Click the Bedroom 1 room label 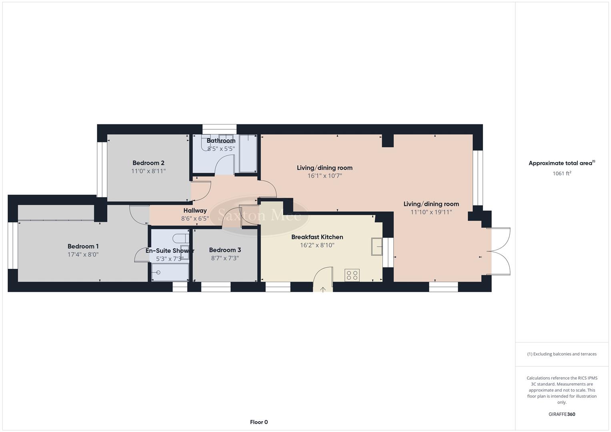tap(83, 246)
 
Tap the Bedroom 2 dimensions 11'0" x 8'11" tap(148, 171)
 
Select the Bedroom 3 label tap(225, 250)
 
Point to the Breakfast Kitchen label tap(317, 237)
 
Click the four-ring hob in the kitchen tap(352, 275)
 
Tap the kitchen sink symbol tap(377, 246)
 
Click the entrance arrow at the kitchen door tap(323, 289)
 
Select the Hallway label tap(195, 210)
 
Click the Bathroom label tap(221, 141)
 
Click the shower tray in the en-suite tap(170, 272)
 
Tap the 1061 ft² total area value tap(561, 174)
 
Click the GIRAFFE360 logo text tap(561, 414)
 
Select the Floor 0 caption tap(259, 422)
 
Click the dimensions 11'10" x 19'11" tap(431, 212)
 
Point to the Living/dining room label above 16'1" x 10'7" tap(325, 168)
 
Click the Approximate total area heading tap(561, 163)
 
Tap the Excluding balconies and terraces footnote tap(561, 354)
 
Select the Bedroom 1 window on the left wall tap(13, 245)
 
